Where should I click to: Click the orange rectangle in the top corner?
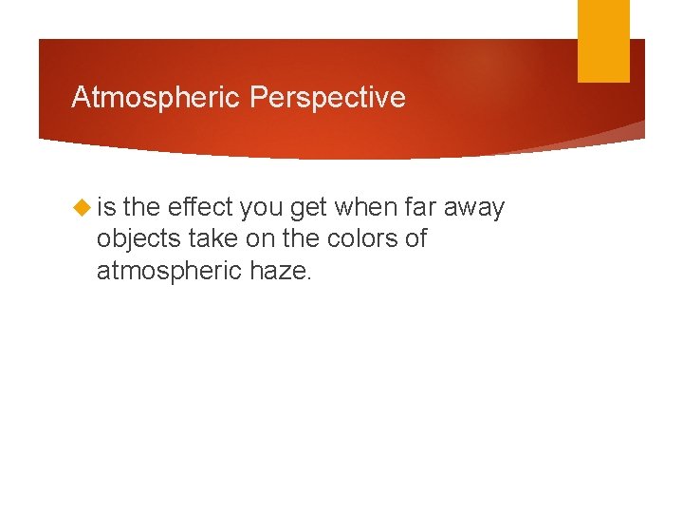tap(603, 40)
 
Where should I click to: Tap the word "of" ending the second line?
tap(415, 238)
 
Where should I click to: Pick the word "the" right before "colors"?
tap(301, 238)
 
